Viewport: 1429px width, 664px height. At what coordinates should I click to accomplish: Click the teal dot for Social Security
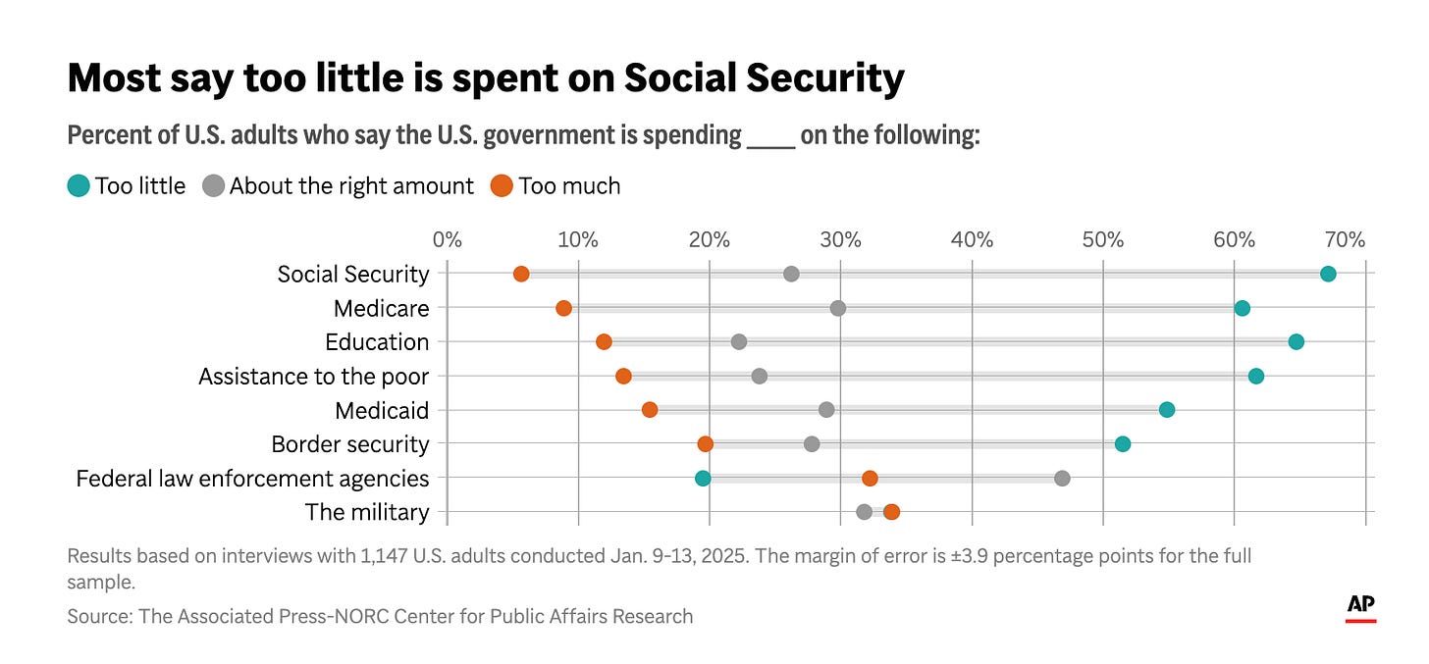pos(1328,274)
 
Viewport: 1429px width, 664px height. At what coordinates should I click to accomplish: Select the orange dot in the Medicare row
pos(563,308)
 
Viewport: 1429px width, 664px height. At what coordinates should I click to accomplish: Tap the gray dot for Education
pos(739,341)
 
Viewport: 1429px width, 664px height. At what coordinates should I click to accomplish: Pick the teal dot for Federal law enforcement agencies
pos(703,478)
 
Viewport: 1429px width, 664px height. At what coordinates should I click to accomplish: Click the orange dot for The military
pos(891,511)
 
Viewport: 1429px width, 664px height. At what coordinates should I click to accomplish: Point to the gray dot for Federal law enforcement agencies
pos(1062,478)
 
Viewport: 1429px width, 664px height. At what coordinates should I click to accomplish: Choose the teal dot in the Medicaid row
pos(1166,409)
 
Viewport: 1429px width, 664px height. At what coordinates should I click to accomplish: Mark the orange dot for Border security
pos(705,443)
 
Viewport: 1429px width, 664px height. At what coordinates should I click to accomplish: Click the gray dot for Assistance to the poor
pos(759,376)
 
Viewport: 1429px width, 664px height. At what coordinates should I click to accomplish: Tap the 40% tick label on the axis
pos(972,239)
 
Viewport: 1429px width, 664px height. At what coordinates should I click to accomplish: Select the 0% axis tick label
pos(447,239)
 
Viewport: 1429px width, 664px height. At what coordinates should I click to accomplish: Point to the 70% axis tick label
pos(1345,239)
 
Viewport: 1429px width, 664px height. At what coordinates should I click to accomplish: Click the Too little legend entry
pos(127,185)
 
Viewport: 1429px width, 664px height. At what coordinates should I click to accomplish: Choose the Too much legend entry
pos(556,185)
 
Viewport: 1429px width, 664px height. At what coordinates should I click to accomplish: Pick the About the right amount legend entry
pos(339,185)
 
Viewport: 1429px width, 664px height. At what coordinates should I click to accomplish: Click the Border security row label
pos(350,444)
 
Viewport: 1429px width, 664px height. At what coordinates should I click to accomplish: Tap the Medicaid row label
pos(382,410)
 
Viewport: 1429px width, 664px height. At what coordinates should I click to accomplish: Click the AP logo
pos(1360,607)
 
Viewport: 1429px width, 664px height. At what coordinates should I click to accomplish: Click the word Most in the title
pos(112,78)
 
